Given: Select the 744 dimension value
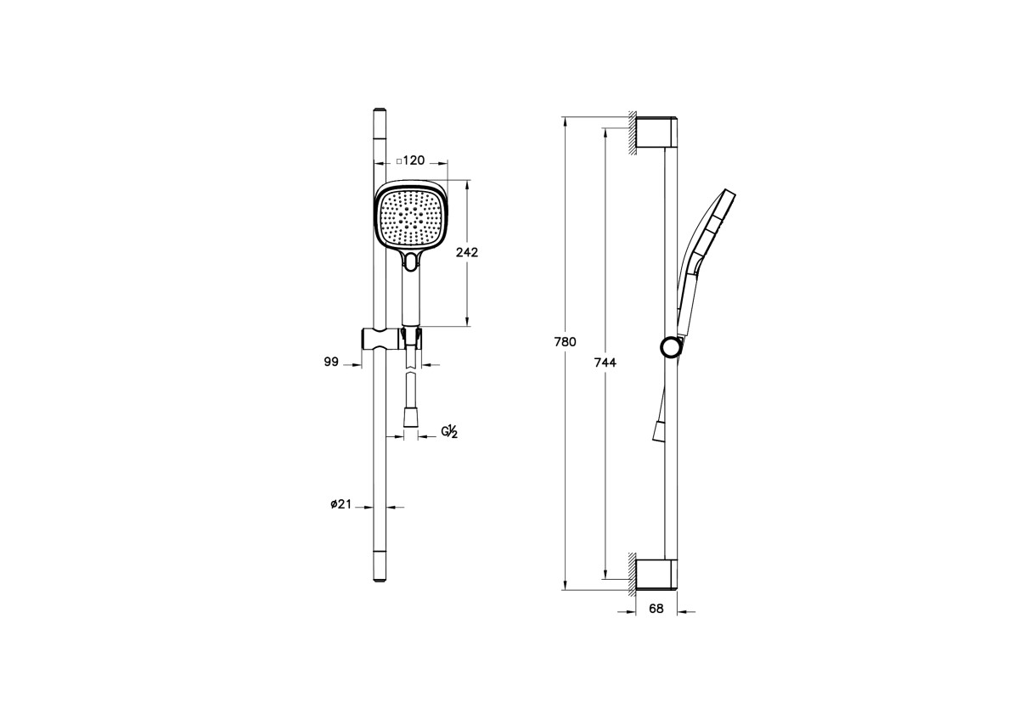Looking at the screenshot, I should (605, 362).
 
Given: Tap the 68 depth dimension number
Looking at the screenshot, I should (656, 609).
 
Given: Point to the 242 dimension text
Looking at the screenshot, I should (466, 252).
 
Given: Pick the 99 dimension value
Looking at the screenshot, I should (331, 362).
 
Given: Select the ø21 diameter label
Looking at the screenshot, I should (341, 504).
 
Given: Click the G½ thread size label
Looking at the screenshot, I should (449, 432).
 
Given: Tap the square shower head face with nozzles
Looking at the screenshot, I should (411, 218).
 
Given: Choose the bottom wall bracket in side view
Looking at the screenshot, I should (657, 575).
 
